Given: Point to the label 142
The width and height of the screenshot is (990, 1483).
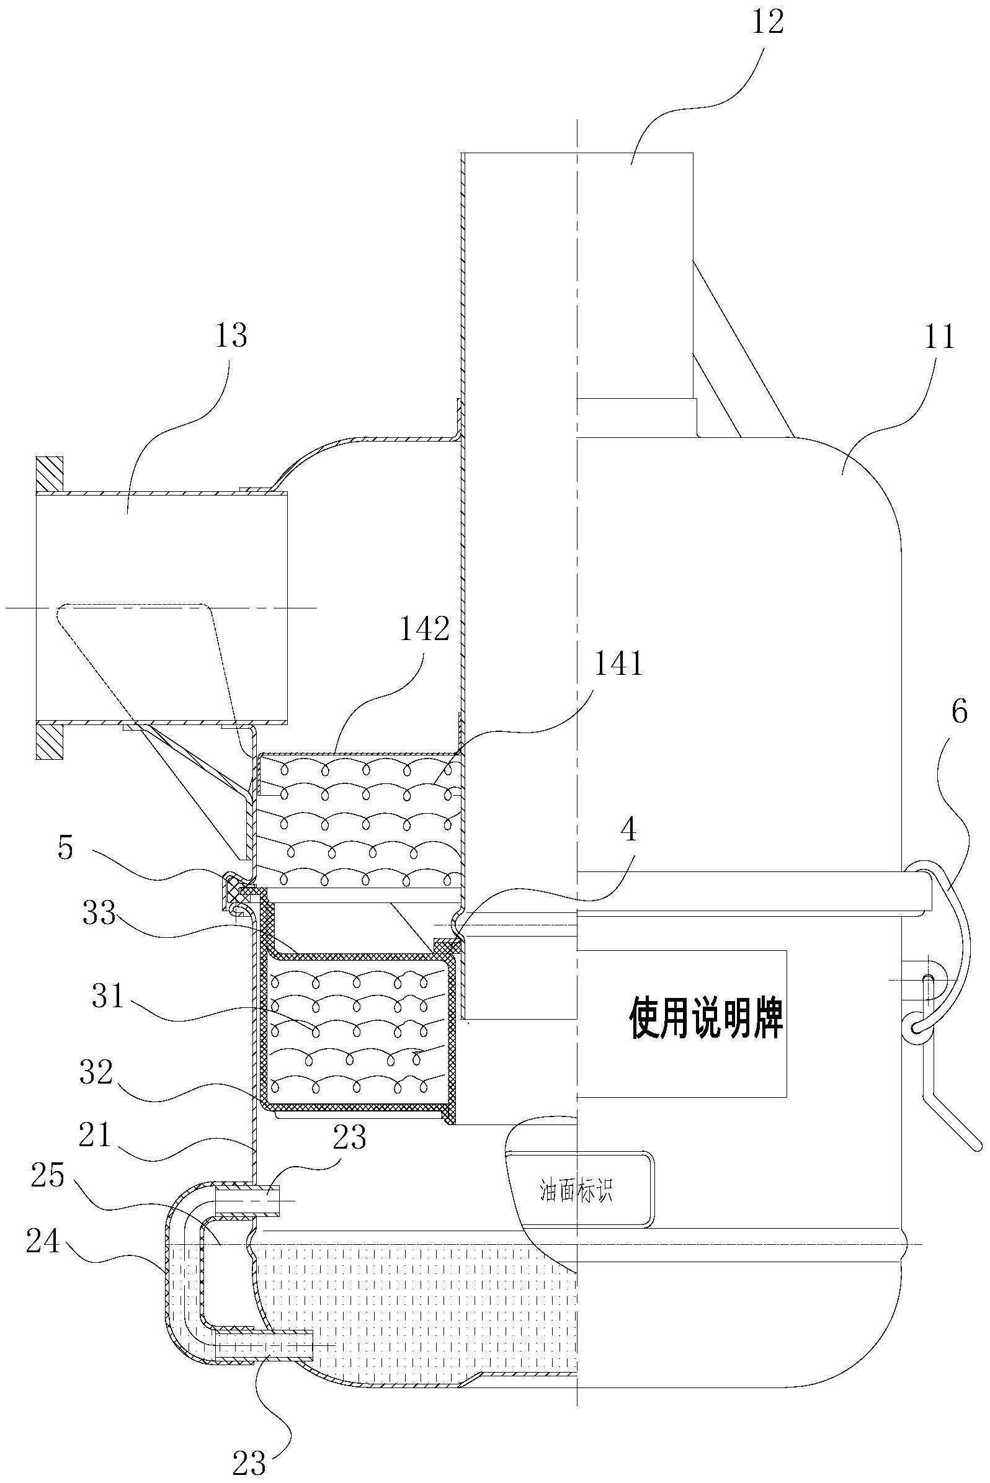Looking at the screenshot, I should coord(424,630).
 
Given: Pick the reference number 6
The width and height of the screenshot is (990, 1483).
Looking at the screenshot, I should coord(958,713).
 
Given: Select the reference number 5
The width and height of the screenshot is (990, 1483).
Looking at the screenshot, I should coord(66,849).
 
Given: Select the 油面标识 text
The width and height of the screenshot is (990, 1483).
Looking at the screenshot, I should coord(576,1191).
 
